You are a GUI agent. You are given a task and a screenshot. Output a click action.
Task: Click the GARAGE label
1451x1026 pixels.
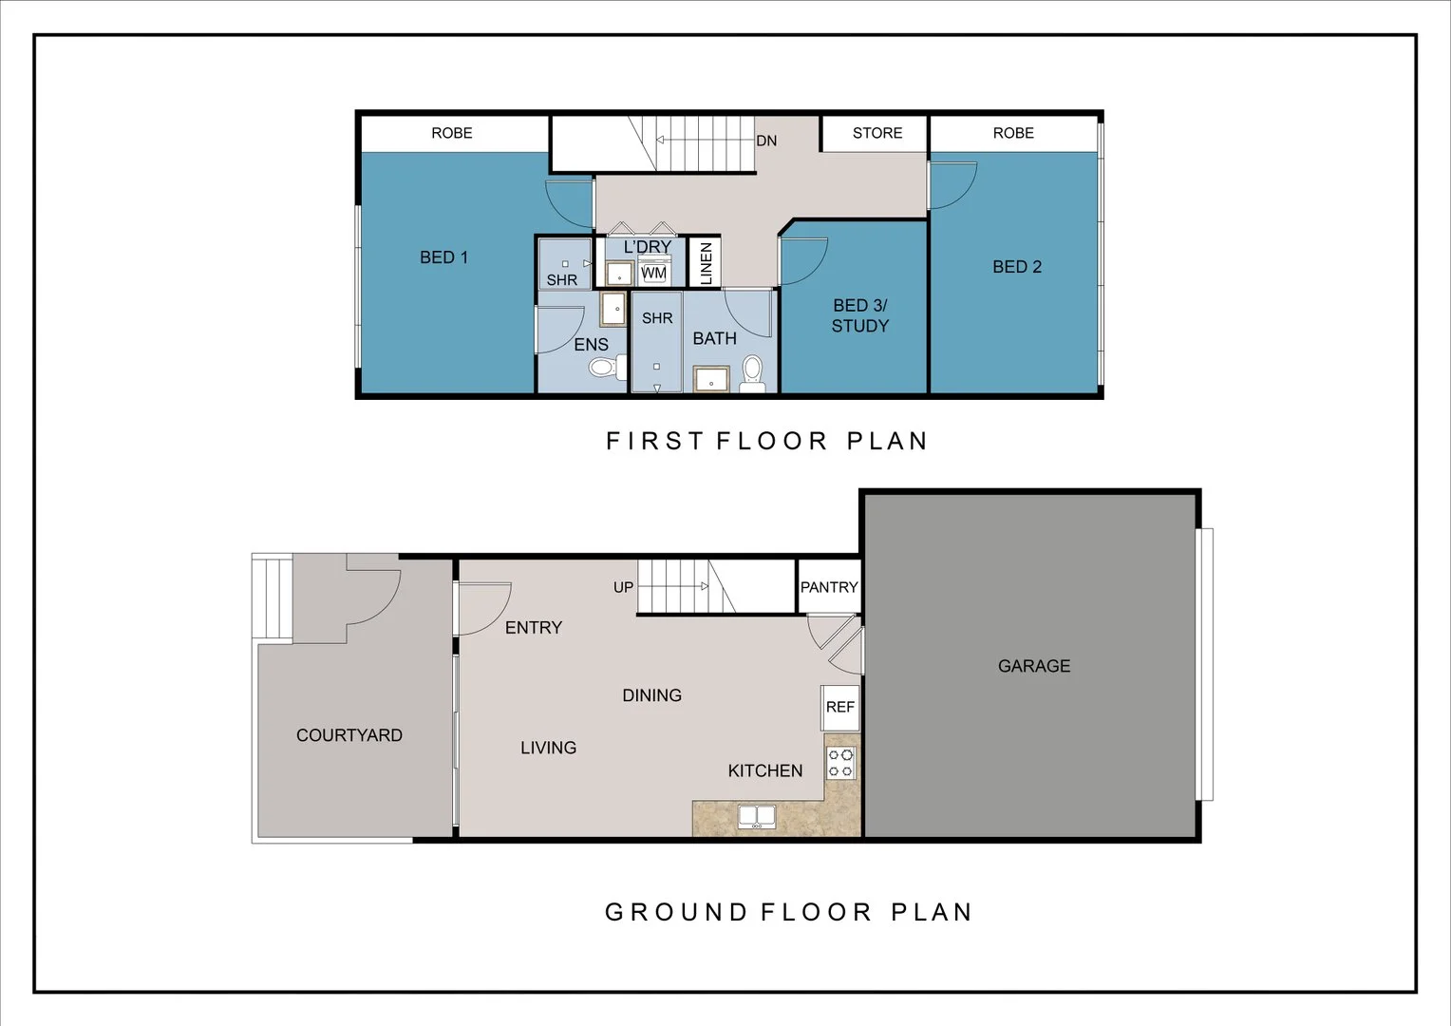point(1033,666)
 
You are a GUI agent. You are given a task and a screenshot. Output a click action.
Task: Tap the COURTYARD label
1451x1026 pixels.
point(349,735)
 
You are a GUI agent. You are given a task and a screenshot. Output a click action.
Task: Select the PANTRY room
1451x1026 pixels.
point(828,587)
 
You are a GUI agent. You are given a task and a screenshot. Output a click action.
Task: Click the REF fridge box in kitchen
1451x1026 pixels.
point(839,707)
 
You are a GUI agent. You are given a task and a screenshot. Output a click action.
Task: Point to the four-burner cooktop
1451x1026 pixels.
point(840,763)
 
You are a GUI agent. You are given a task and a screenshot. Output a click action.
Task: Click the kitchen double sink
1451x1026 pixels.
point(757,816)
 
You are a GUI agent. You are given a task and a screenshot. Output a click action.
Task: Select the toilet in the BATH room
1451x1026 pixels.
point(752,372)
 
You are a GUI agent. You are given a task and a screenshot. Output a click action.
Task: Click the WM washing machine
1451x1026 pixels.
point(653,273)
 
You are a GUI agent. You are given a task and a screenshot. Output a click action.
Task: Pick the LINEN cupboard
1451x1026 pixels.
point(705,262)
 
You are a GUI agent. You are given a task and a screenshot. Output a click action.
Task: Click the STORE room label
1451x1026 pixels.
point(876,133)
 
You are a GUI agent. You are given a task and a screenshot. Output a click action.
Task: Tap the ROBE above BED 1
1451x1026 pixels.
point(452,133)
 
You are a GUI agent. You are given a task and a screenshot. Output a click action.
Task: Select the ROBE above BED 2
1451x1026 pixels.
point(1013,133)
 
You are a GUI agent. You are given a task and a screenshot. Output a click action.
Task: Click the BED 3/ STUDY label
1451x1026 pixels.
point(859,315)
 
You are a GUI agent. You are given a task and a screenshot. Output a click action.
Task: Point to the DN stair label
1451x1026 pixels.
point(766,141)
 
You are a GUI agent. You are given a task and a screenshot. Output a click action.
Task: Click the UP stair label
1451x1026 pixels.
point(623,587)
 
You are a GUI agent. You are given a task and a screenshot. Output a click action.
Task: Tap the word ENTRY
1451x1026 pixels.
point(533,627)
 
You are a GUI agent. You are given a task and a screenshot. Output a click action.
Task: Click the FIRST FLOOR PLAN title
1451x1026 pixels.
point(766,441)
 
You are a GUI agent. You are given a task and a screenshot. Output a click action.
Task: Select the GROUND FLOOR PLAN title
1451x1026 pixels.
point(788,912)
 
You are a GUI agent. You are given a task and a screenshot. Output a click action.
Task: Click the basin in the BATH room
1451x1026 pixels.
point(711,380)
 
